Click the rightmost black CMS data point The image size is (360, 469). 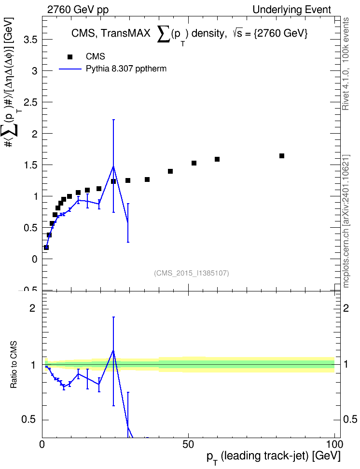(282, 156)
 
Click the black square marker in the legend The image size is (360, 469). (70, 57)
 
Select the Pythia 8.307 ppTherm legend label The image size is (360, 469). (126, 69)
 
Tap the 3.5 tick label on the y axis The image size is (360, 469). (30, 40)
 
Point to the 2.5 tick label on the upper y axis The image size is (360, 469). (30, 102)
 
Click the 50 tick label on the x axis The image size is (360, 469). (188, 444)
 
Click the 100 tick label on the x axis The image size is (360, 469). (332, 444)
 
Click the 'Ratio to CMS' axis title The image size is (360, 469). (14, 364)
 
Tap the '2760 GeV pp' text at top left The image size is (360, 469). (78, 10)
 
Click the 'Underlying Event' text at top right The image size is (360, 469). (292, 10)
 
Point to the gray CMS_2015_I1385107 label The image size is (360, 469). (192, 273)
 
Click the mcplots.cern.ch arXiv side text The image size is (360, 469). (346, 221)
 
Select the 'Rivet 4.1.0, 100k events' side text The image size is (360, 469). (346, 64)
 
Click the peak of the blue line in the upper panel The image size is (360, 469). (113, 166)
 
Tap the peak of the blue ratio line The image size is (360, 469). (113, 350)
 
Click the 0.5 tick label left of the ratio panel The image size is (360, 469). (28, 420)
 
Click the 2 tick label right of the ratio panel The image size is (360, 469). (346, 308)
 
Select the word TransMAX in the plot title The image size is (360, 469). (125, 33)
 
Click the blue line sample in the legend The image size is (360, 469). (70, 69)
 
